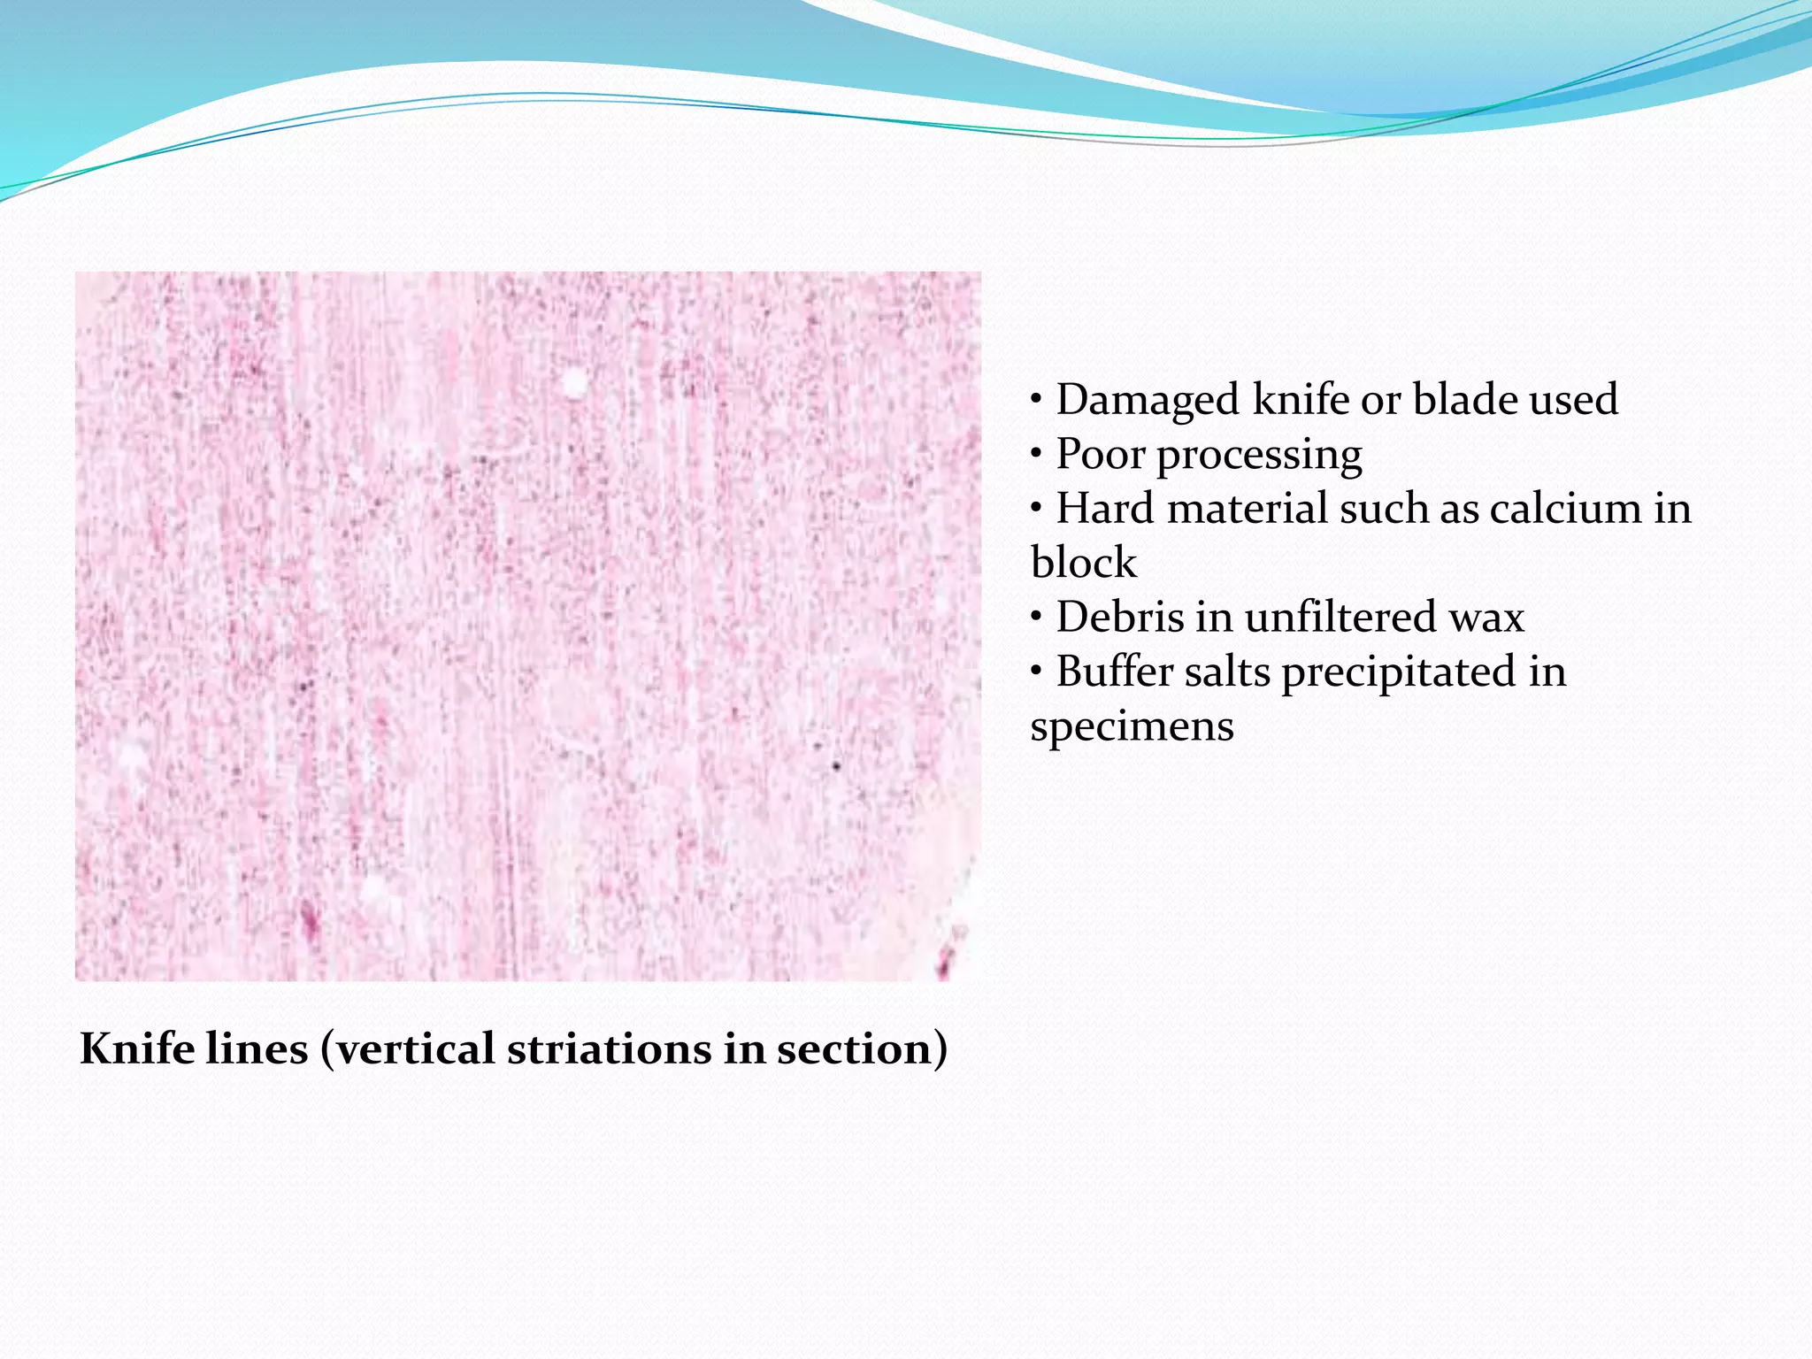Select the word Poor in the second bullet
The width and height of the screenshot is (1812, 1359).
point(1101,455)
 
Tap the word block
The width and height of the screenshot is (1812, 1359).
point(1083,563)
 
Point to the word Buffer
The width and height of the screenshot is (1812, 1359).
point(1114,672)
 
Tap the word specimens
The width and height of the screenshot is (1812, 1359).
point(1132,727)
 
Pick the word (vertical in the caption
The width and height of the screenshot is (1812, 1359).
point(407,1050)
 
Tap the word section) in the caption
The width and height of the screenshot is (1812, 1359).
point(862,1050)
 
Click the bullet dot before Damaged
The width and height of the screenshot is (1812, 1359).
point(1036,401)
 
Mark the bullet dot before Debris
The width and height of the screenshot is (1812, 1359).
point(1036,618)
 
